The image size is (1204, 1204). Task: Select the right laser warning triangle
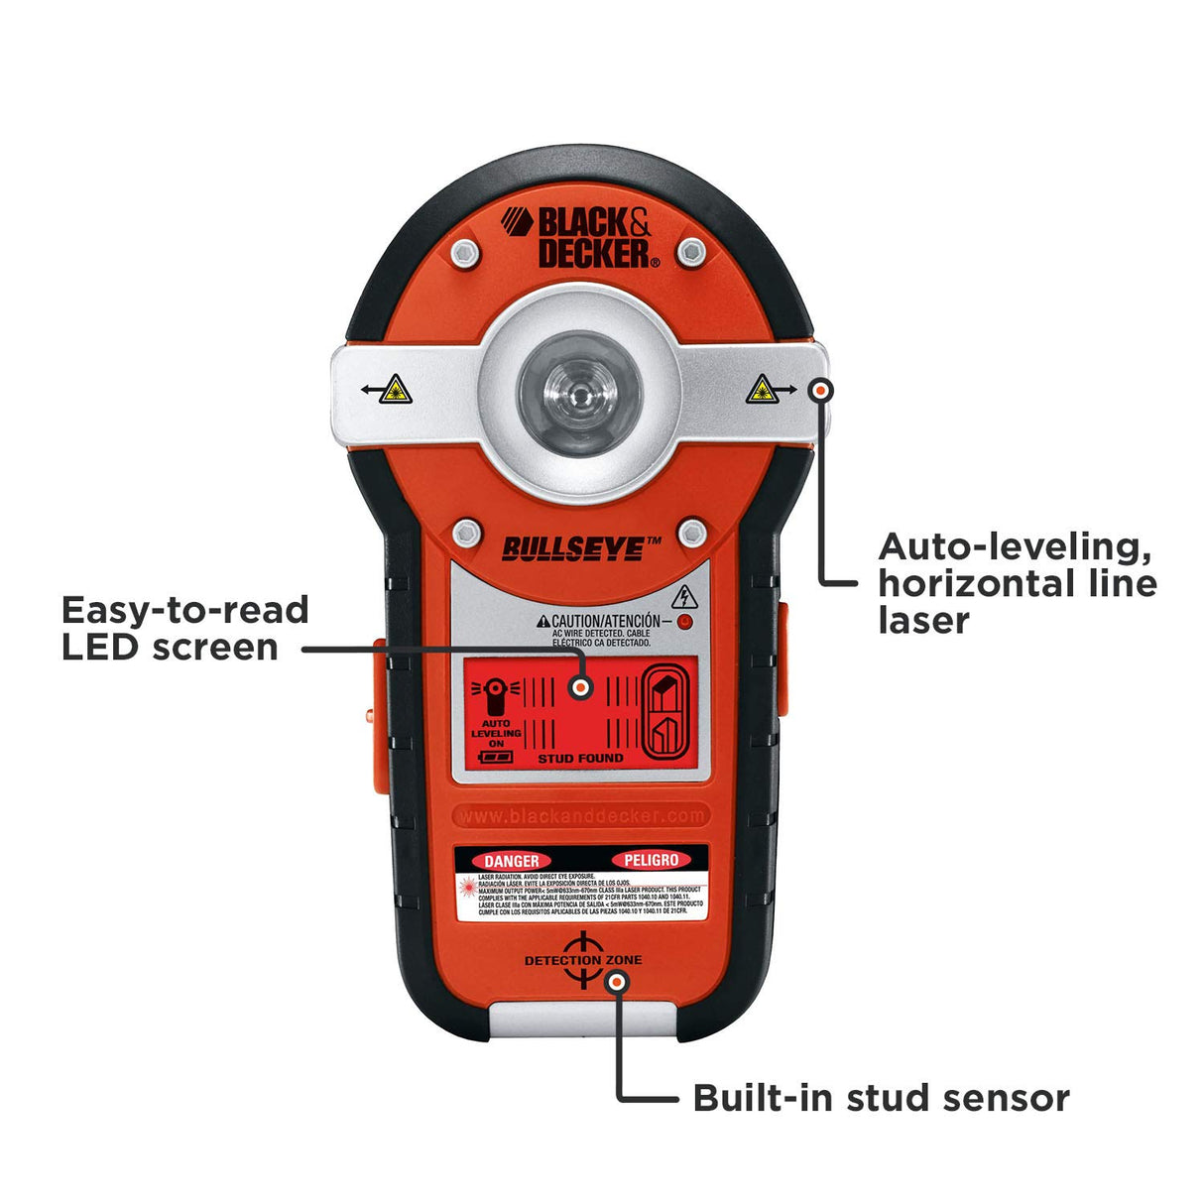[760, 390]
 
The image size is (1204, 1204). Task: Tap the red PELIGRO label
[651, 860]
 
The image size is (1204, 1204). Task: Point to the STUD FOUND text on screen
[580, 759]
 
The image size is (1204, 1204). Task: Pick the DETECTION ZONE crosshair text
[583, 960]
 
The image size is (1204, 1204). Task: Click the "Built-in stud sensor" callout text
[881, 1098]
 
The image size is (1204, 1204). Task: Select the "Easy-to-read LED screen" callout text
[184, 628]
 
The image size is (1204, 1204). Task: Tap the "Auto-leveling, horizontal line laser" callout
[1017, 583]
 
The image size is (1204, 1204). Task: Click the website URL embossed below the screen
[581, 815]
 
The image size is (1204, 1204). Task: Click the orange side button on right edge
[781, 660]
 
